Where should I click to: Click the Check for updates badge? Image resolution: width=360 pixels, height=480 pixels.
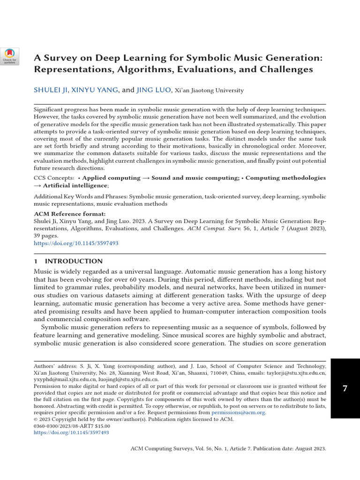tap(10, 56)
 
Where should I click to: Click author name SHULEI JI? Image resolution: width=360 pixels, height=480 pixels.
tap(50, 90)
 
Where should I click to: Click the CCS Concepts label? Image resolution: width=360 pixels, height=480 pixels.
tap(53, 178)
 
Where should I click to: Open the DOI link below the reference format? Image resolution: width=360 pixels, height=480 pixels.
tap(76, 243)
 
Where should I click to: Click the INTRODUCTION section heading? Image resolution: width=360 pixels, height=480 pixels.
tap(73, 261)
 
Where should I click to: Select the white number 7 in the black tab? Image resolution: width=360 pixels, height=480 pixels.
tap(345, 389)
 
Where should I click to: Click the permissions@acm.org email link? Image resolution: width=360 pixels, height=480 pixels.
tap(238, 412)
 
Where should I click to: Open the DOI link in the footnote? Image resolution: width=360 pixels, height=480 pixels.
tap(71, 433)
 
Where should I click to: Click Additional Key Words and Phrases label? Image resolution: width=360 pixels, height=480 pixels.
tap(80, 197)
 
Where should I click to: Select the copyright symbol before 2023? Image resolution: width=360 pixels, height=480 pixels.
tap(36, 420)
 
